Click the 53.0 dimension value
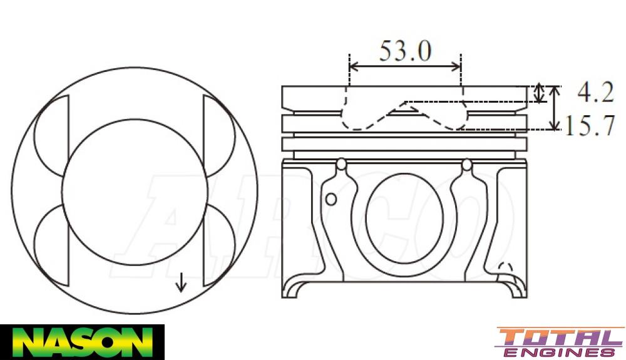pyautogui.click(x=404, y=51)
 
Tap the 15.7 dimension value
pyautogui.click(x=590, y=126)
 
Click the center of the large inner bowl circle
pyautogui.click(x=135, y=192)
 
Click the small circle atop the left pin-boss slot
pyautogui.click(x=341, y=165)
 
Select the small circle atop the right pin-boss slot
pyautogui.click(x=466, y=165)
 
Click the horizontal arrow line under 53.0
pyautogui.click(x=404, y=66)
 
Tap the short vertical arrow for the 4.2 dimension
pyautogui.click(x=540, y=93)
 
